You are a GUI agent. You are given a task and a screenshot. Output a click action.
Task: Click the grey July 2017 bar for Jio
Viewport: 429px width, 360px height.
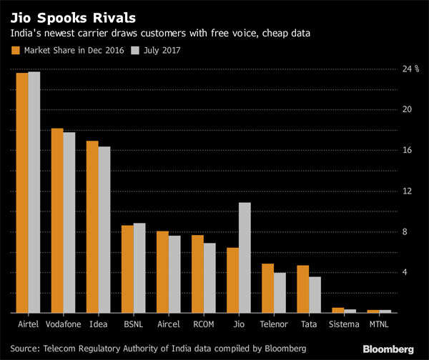[x=245, y=258]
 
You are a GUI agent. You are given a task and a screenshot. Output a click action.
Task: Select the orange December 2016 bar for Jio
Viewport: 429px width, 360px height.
[x=232, y=280]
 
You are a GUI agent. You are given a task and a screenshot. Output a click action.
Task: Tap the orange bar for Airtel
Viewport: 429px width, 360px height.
[x=22, y=193]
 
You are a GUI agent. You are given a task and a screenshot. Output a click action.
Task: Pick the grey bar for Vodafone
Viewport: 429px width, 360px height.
[x=69, y=222]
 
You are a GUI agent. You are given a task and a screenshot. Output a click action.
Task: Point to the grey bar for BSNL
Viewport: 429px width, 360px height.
[x=139, y=268]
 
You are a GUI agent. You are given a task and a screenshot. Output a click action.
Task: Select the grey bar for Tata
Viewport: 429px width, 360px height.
[x=315, y=294]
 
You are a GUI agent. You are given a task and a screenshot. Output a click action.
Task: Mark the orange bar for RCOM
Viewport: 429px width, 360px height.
[x=197, y=274]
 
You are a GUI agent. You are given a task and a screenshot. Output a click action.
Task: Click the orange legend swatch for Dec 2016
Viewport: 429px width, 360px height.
[x=16, y=50]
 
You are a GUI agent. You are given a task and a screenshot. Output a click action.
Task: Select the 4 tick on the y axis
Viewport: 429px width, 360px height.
[x=405, y=272]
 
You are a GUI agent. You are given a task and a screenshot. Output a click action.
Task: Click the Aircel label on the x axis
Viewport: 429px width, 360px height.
[x=168, y=324]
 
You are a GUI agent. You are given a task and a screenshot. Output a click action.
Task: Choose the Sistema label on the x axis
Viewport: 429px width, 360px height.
[x=344, y=324]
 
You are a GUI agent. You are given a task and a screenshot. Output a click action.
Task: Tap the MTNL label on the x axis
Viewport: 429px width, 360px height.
[x=379, y=324]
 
